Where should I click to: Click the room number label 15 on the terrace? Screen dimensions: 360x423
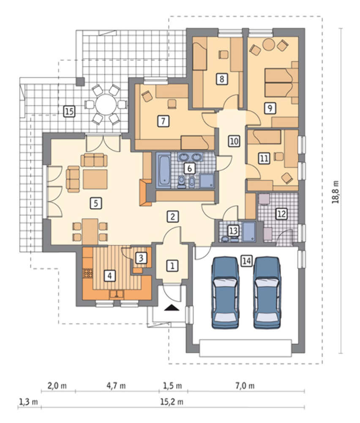69,111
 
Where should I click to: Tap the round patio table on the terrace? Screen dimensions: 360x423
106,104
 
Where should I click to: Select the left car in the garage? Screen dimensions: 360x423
226,292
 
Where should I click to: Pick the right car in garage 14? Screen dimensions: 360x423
267,292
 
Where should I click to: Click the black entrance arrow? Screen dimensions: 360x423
172,308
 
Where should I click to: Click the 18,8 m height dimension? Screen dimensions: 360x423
336,192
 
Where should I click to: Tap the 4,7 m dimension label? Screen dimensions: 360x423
116,386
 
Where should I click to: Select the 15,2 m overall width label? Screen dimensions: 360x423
172,402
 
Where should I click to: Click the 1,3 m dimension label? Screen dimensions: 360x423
28,402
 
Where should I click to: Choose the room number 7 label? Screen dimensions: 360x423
163,121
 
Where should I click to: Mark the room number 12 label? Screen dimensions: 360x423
281,214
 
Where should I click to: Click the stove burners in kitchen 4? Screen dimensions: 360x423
87,273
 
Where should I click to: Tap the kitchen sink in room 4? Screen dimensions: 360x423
116,294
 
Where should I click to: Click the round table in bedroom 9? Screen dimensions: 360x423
268,44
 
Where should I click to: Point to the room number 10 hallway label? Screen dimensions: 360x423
234,141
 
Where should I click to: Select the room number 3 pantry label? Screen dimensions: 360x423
141,258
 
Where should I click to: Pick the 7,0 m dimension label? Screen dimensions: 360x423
245,386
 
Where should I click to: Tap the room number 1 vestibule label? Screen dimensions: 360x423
172,266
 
